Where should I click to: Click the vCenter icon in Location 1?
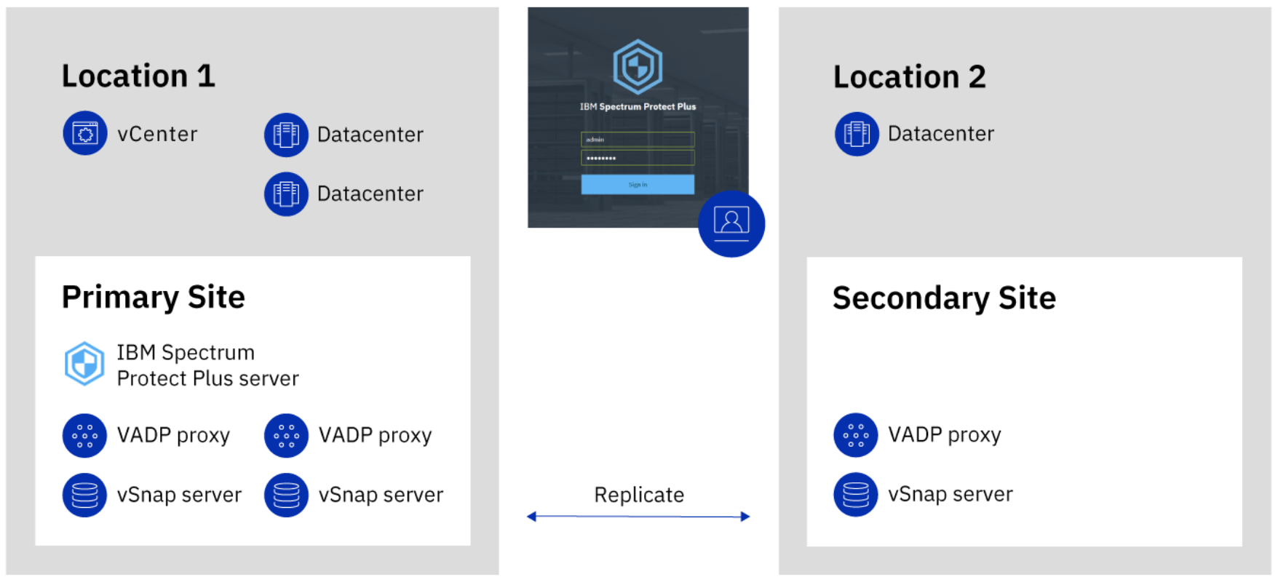click(85, 133)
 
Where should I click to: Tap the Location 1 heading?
click(138, 76)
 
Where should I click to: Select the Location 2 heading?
click(909, 77)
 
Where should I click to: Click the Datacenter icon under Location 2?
click(857, 134)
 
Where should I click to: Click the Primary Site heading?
click(153, 298)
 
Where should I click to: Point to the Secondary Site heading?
click(943, 298)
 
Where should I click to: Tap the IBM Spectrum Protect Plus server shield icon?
click(84, 364)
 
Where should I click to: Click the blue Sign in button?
click(638, 185)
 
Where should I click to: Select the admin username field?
click(638, 140)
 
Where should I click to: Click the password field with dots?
click(638, 158)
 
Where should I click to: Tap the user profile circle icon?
click(731, 223)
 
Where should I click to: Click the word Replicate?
click(639, 495)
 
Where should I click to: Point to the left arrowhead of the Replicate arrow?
click(532, 517)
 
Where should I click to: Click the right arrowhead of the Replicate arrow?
click(745, 517)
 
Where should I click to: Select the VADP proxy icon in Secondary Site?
click(856, 435)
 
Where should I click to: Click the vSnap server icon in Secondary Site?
click(856, 495)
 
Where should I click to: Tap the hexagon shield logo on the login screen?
click(638, 67)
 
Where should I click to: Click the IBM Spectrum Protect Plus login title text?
click(638, 107)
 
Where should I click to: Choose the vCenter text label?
click(157, 135)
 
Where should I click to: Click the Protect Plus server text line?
click(207, 379)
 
